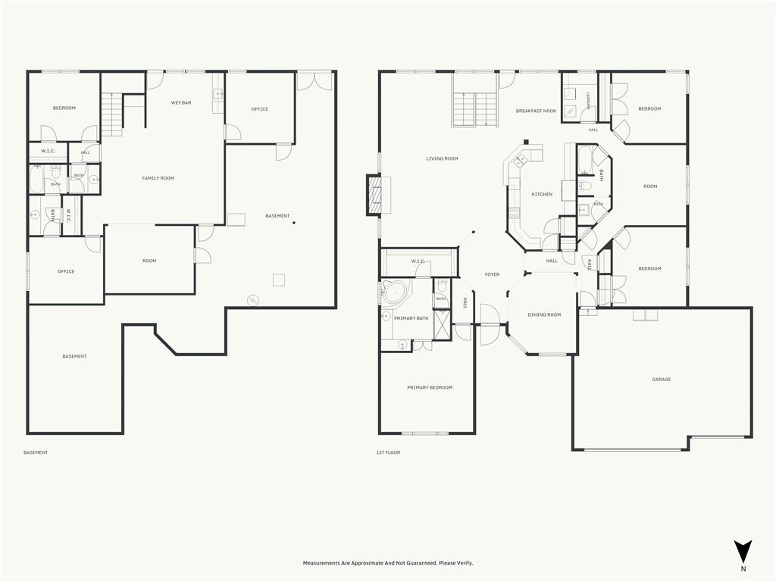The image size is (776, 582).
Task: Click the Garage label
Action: tap(661, 380)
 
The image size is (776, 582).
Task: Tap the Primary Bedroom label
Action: tap(430, 387)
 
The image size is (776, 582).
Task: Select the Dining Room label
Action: tap(544, 314)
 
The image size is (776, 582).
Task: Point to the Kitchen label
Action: tap(542, 195)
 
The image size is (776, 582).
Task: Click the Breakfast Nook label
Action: tap(536, 111)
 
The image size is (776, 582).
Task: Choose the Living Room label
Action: tap(442, 159)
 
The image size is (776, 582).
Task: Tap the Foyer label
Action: tap(492, 274)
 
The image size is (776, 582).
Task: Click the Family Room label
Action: tap(158, 178)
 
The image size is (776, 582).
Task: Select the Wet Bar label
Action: tap(181, 103)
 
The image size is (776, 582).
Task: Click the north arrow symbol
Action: tap(743, 552)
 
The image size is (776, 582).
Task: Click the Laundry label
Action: tap(588, 101)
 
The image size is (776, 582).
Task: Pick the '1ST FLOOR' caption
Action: tap(388, 452)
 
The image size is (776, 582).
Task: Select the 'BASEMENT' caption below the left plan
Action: tap(36, 452)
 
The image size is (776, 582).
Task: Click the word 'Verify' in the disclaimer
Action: tap(465, 563)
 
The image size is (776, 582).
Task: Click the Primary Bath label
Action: tap(411, 318)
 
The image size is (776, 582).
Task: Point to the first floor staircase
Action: tap(474, 109)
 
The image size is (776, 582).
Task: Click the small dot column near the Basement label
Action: tap(294, 224)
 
